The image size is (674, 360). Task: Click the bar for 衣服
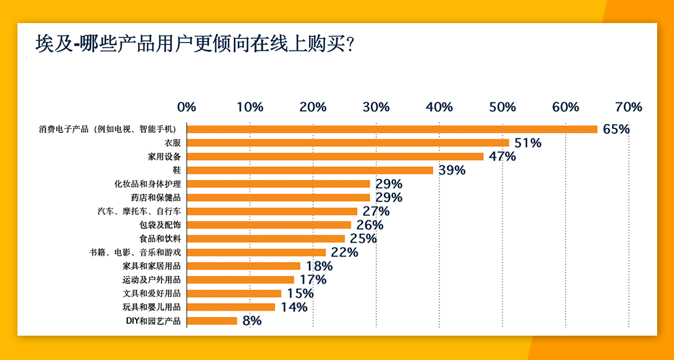coord(348,143)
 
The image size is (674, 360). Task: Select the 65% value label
coord(616,129)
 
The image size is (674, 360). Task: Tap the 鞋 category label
coord(176,170)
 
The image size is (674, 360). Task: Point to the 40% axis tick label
coord(439,107)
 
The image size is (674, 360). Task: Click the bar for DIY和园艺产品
coord(212,321)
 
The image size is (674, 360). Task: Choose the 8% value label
coord(252,321)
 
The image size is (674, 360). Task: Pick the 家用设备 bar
coord(335,157)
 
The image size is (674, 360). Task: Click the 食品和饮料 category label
coord(160,239)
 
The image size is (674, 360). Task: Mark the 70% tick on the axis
coord(628,107)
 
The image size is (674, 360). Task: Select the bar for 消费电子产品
coord(392,129)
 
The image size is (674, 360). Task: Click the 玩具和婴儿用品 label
coord(152,307)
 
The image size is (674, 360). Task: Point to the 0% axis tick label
coord(187,107)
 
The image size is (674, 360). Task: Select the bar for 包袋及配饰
coord(269,225)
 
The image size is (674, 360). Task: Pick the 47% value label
coord(502,157)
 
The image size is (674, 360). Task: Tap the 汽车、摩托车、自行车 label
coord(140,212)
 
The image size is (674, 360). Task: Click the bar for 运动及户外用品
coord(240,280)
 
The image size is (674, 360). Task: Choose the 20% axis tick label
coord(313,107)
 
